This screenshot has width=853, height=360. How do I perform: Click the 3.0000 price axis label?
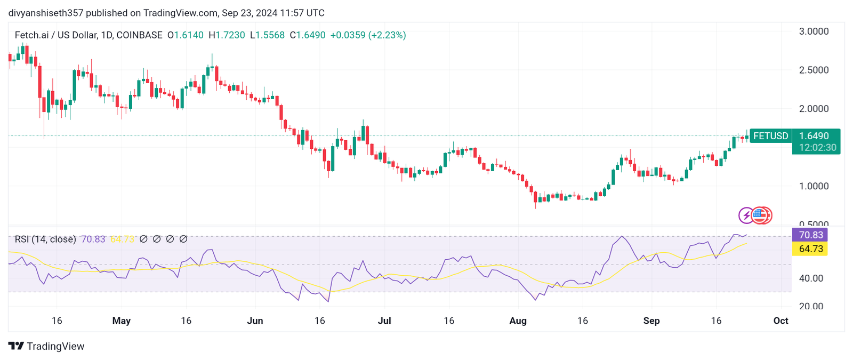click(814, 31)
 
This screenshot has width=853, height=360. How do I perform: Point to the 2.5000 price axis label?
click(814, 70)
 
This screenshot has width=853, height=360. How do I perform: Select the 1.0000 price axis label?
click(814, 186)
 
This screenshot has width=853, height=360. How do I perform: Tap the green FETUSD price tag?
click(770, 136)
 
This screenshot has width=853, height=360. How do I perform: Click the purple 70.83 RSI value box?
click(810, 235)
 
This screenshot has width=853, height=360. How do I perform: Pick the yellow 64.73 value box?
click(810, 249)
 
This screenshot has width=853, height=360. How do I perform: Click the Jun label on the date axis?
click(255, 321)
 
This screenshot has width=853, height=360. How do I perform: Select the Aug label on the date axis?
click(518, 321)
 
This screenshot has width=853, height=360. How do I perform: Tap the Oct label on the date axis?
click(780, 321)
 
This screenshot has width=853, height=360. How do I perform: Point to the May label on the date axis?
click(122, 321)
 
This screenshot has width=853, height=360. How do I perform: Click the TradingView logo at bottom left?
click(46, 346)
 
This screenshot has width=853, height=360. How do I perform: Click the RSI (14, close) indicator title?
click(45, 239)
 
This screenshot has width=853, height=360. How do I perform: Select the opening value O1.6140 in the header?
click(186, 35)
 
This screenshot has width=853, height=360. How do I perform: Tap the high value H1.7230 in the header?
click(227, 35)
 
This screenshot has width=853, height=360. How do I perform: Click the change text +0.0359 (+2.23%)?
click(368, 35)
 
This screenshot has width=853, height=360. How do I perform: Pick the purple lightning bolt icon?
click(746, 215)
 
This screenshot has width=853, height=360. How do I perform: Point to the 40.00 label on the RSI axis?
click(811, 278)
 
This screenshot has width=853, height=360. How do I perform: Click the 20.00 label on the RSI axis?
click(811, 306)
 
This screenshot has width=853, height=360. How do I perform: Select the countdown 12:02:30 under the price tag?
click(817, 147)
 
